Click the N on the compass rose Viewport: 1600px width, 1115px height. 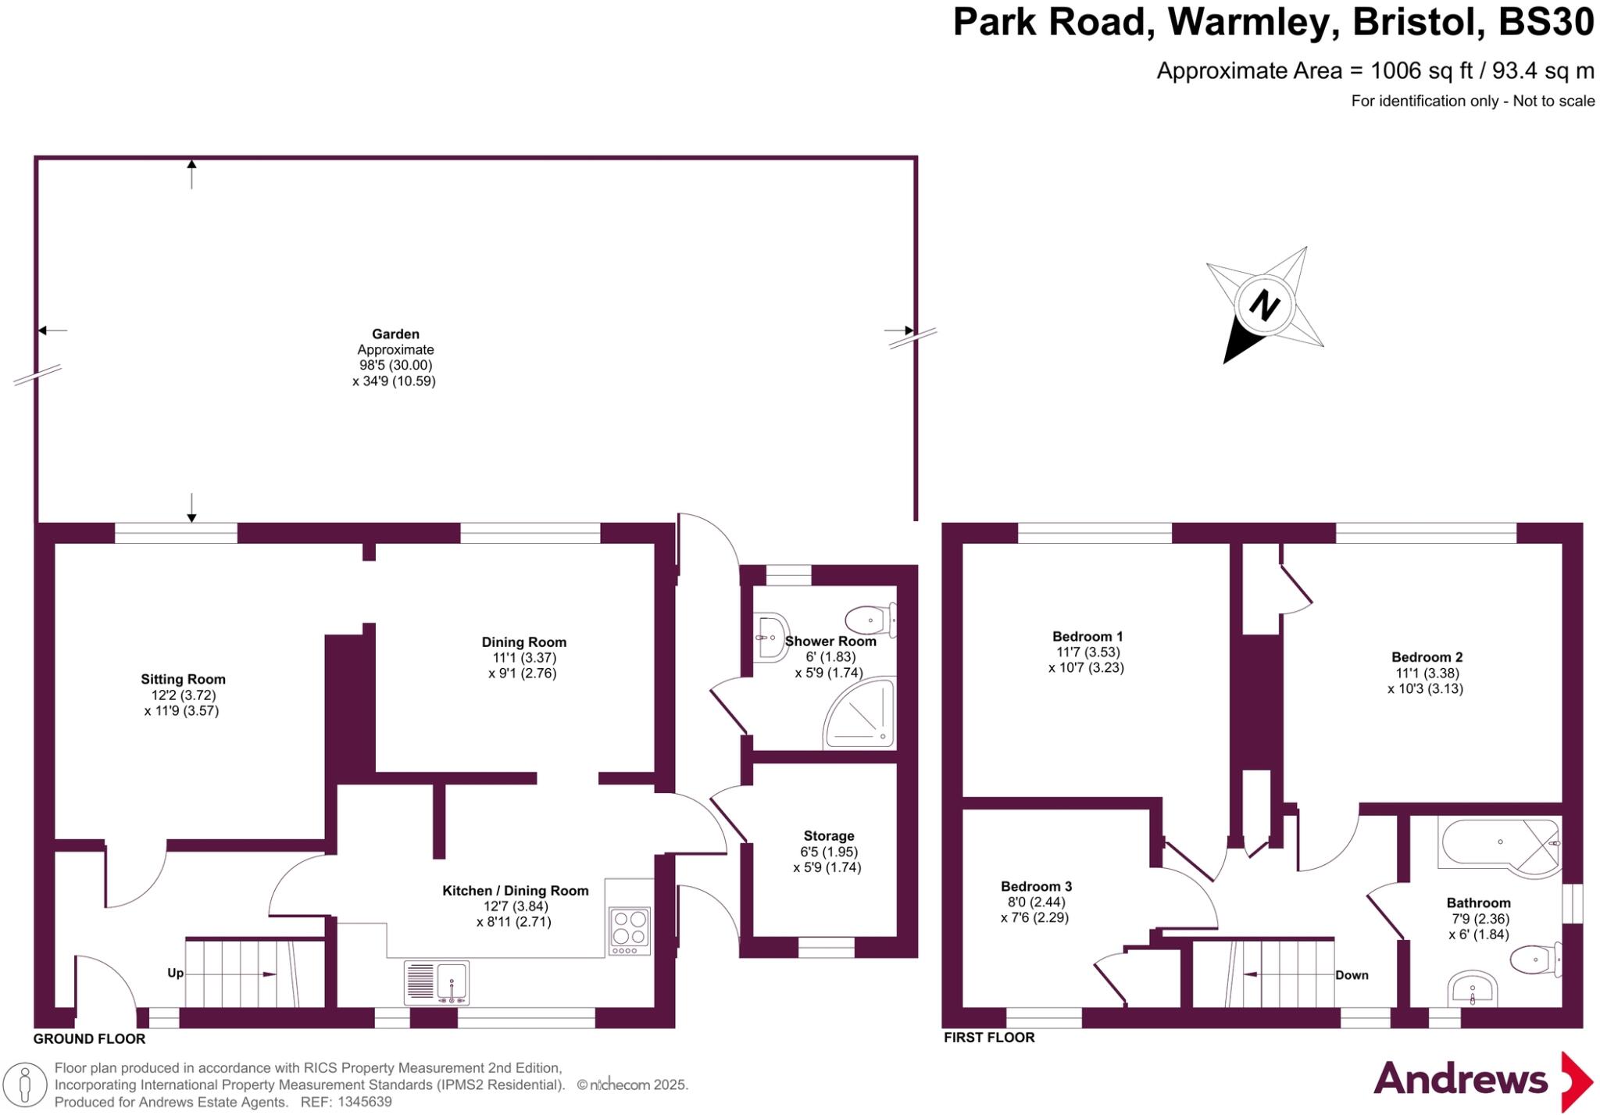pyautogui.click(x=1263, y=305)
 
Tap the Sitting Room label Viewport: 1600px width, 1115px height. pyautogui.click(x=183, y=679)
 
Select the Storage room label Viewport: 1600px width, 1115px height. pyautogui.click(x=828, y=835)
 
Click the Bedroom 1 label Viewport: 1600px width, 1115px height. pyautogui.click(x=1087, y=636)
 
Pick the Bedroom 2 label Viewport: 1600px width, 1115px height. pyautogui.click(x=1427, y=657)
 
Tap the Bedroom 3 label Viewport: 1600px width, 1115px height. pyautogui.click(x=1036, y=886)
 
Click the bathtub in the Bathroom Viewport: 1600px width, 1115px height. pyautogui.click(x=1488, y=844)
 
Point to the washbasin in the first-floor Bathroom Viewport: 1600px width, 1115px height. pyautogui.click(x=1472, y=990)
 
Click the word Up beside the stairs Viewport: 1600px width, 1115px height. pyautogui.click(x=175, y=973)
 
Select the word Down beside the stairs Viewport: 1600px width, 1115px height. pyautogui.click(x=1352, y=974)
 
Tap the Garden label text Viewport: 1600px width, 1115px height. pyautogui.click(x=395, y=334)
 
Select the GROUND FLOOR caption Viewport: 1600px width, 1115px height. pyautogui.click(x=89, y=1038)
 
